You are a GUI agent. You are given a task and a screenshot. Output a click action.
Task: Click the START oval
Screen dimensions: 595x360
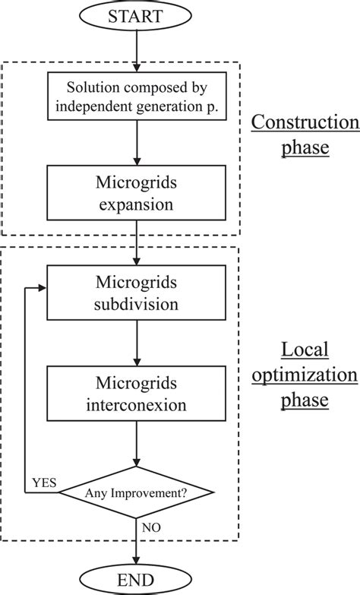pyautogui.click(x=136, y=17)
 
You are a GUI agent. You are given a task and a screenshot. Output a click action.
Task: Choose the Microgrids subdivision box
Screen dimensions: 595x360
pyautogui.click(x=136, y=292)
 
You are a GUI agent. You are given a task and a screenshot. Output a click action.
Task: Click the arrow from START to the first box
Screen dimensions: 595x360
pyautogui.click(x=136, y=50)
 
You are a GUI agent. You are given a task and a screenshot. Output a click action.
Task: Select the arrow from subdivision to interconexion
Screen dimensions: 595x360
pyautogui.click(x=136, y=342)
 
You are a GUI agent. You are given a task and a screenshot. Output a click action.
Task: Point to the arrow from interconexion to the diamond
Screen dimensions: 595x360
pyautogui.click(x=136, y=443)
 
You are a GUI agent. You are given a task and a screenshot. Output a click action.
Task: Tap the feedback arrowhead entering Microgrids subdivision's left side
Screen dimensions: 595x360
pyautogui.click(x=43, y=288)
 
